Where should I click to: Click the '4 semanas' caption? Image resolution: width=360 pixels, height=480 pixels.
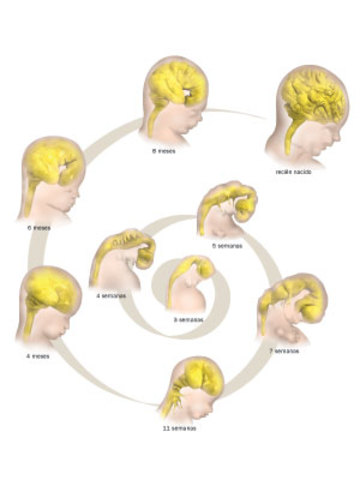click(x=112, y=295)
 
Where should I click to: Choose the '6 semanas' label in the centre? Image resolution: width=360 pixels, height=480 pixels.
click(x=190, y=317)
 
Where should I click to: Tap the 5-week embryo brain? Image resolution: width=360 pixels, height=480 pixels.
click(x=225, y=200)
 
